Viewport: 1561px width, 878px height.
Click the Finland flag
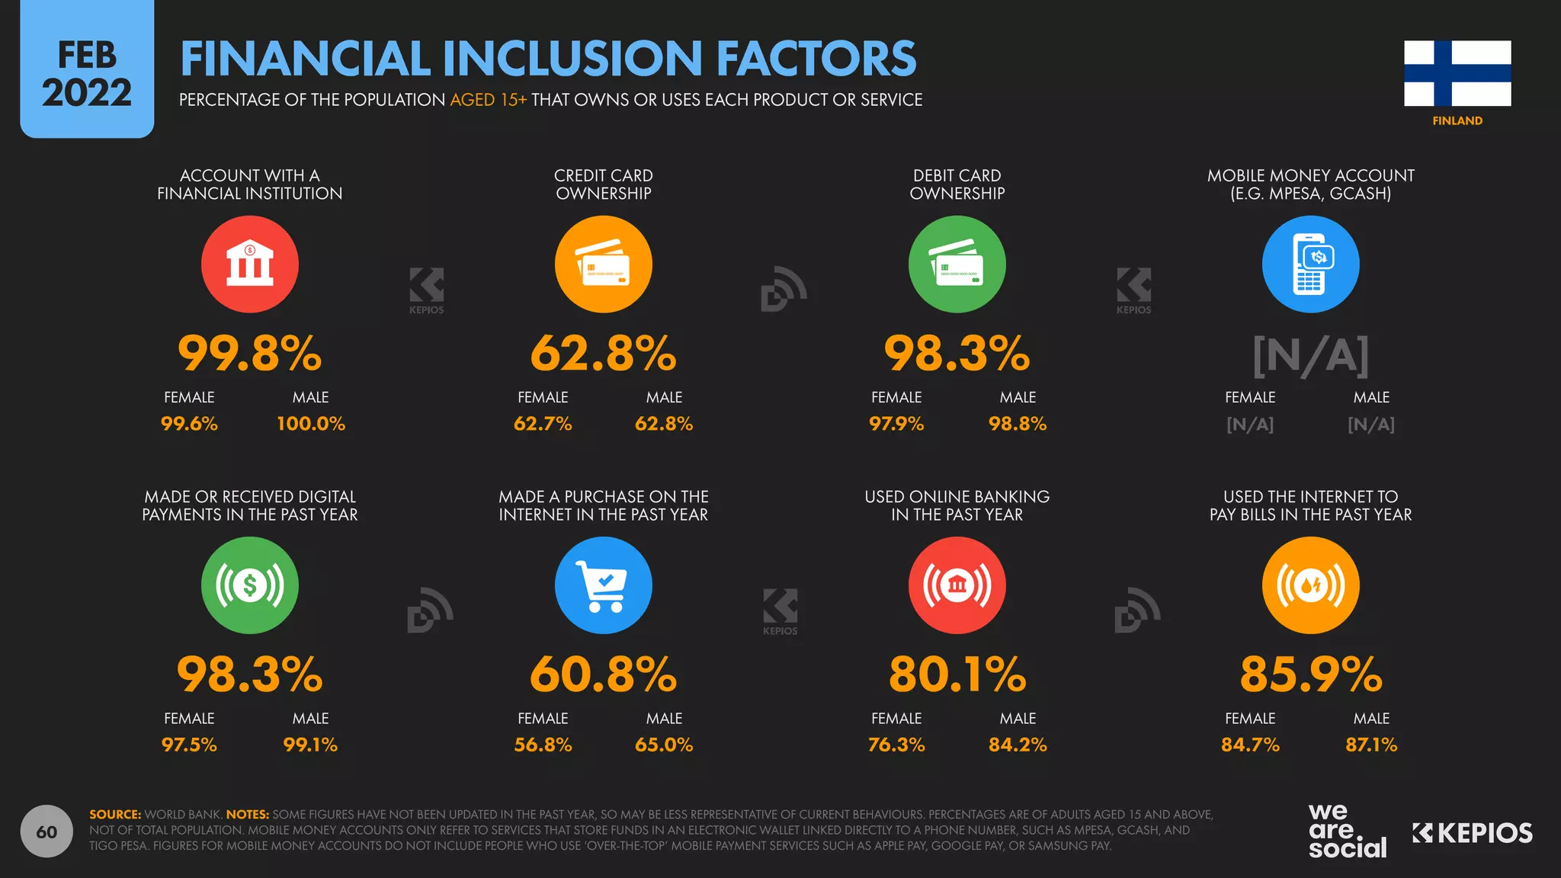pyautogui.click(x=1457, y=73)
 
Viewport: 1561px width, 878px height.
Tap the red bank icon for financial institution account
pyautogui.click(x=249, y=264)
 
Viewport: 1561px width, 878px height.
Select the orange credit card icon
pyautogui.click(x=603, y=264)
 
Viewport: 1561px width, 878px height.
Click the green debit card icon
pyautogui.click(x=957, y=264)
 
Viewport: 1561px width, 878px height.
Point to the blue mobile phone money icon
pyautogui.click(x=1310, y=264)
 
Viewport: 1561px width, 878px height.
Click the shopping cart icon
pyautogui.click(x=603, y=585)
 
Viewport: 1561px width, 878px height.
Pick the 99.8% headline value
pyautogui.click(x=249, y=354)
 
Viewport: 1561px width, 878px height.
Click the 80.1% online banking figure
pyautogui.click(x=957, y=675)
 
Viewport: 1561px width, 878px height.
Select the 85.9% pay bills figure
pyautogui.click(x=1310, y=675)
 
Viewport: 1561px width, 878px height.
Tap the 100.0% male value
pyautogui.click(x=311, y=424)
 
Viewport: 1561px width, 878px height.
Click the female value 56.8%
pyautogui.click(x=543, y=745)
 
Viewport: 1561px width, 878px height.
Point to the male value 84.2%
pyautogui.click(x=1018, y=745)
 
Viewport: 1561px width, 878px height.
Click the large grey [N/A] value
pyautogui.click(x=1310, y=355)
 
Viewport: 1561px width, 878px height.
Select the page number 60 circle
pyautogui.click(x=46, y=832)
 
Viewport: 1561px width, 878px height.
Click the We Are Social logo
pyautogui.click(x=1347, y=831)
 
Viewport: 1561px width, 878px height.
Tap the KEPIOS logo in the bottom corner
pyautogui.click(x=1472, y=833)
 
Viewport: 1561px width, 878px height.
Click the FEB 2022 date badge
pyautogui.click(x=87, y=74)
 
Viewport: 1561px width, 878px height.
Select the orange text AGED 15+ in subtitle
pyautogui.click(x=488, y=100)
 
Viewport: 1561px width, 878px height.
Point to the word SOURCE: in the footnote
pyautogui.click(x=115, y=815)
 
